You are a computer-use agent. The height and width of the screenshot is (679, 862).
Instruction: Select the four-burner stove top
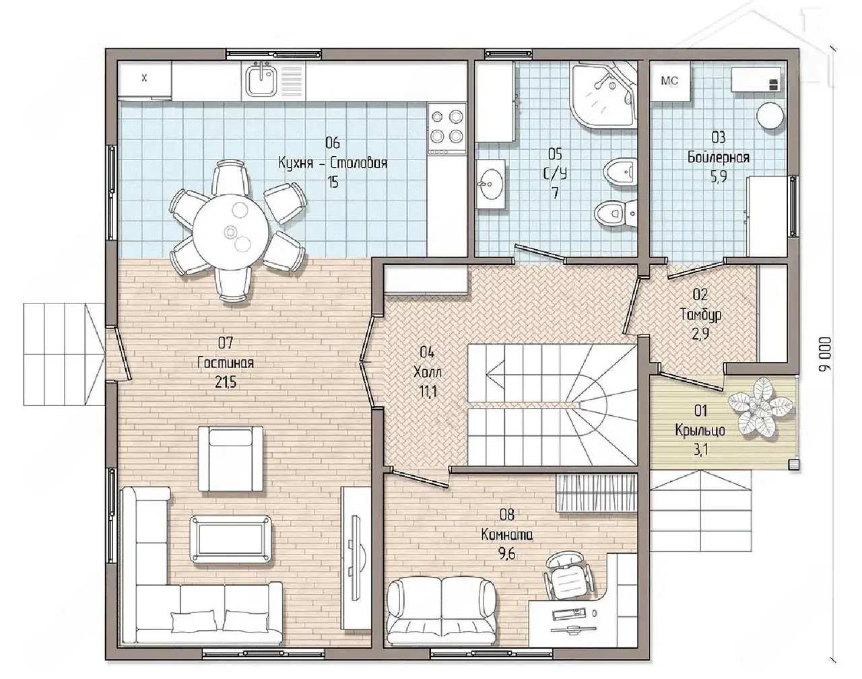447,129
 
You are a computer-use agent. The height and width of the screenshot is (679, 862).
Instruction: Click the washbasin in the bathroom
491,184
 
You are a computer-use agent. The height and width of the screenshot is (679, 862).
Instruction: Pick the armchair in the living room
231,459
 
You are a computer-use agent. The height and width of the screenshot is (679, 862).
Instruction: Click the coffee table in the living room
231,539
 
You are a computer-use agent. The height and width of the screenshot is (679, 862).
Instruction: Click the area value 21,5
226,383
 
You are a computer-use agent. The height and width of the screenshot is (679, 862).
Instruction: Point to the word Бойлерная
718,157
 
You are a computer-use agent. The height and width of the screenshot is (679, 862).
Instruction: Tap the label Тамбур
700,315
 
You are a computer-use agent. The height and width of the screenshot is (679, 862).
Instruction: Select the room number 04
427,353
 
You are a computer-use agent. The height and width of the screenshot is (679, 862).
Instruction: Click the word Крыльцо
700,431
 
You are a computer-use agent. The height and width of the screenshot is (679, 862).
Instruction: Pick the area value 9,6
506,555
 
